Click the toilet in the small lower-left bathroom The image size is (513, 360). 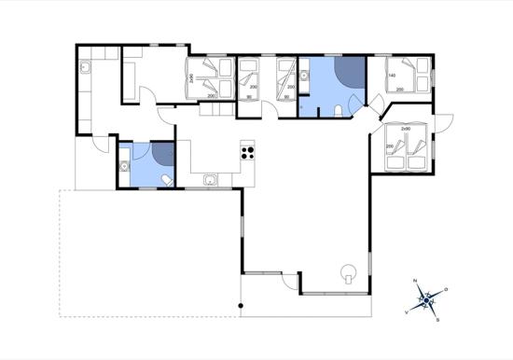click(x=165, y=178)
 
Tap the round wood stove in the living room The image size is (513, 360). click(x=350, y=273)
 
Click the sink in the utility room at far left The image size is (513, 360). click(x=85, y=68)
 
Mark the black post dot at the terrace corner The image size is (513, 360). click(x=241, y=307)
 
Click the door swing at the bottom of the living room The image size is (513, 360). click(x=292, y=281)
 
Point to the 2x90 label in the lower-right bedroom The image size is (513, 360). click(x=405, y=128)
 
